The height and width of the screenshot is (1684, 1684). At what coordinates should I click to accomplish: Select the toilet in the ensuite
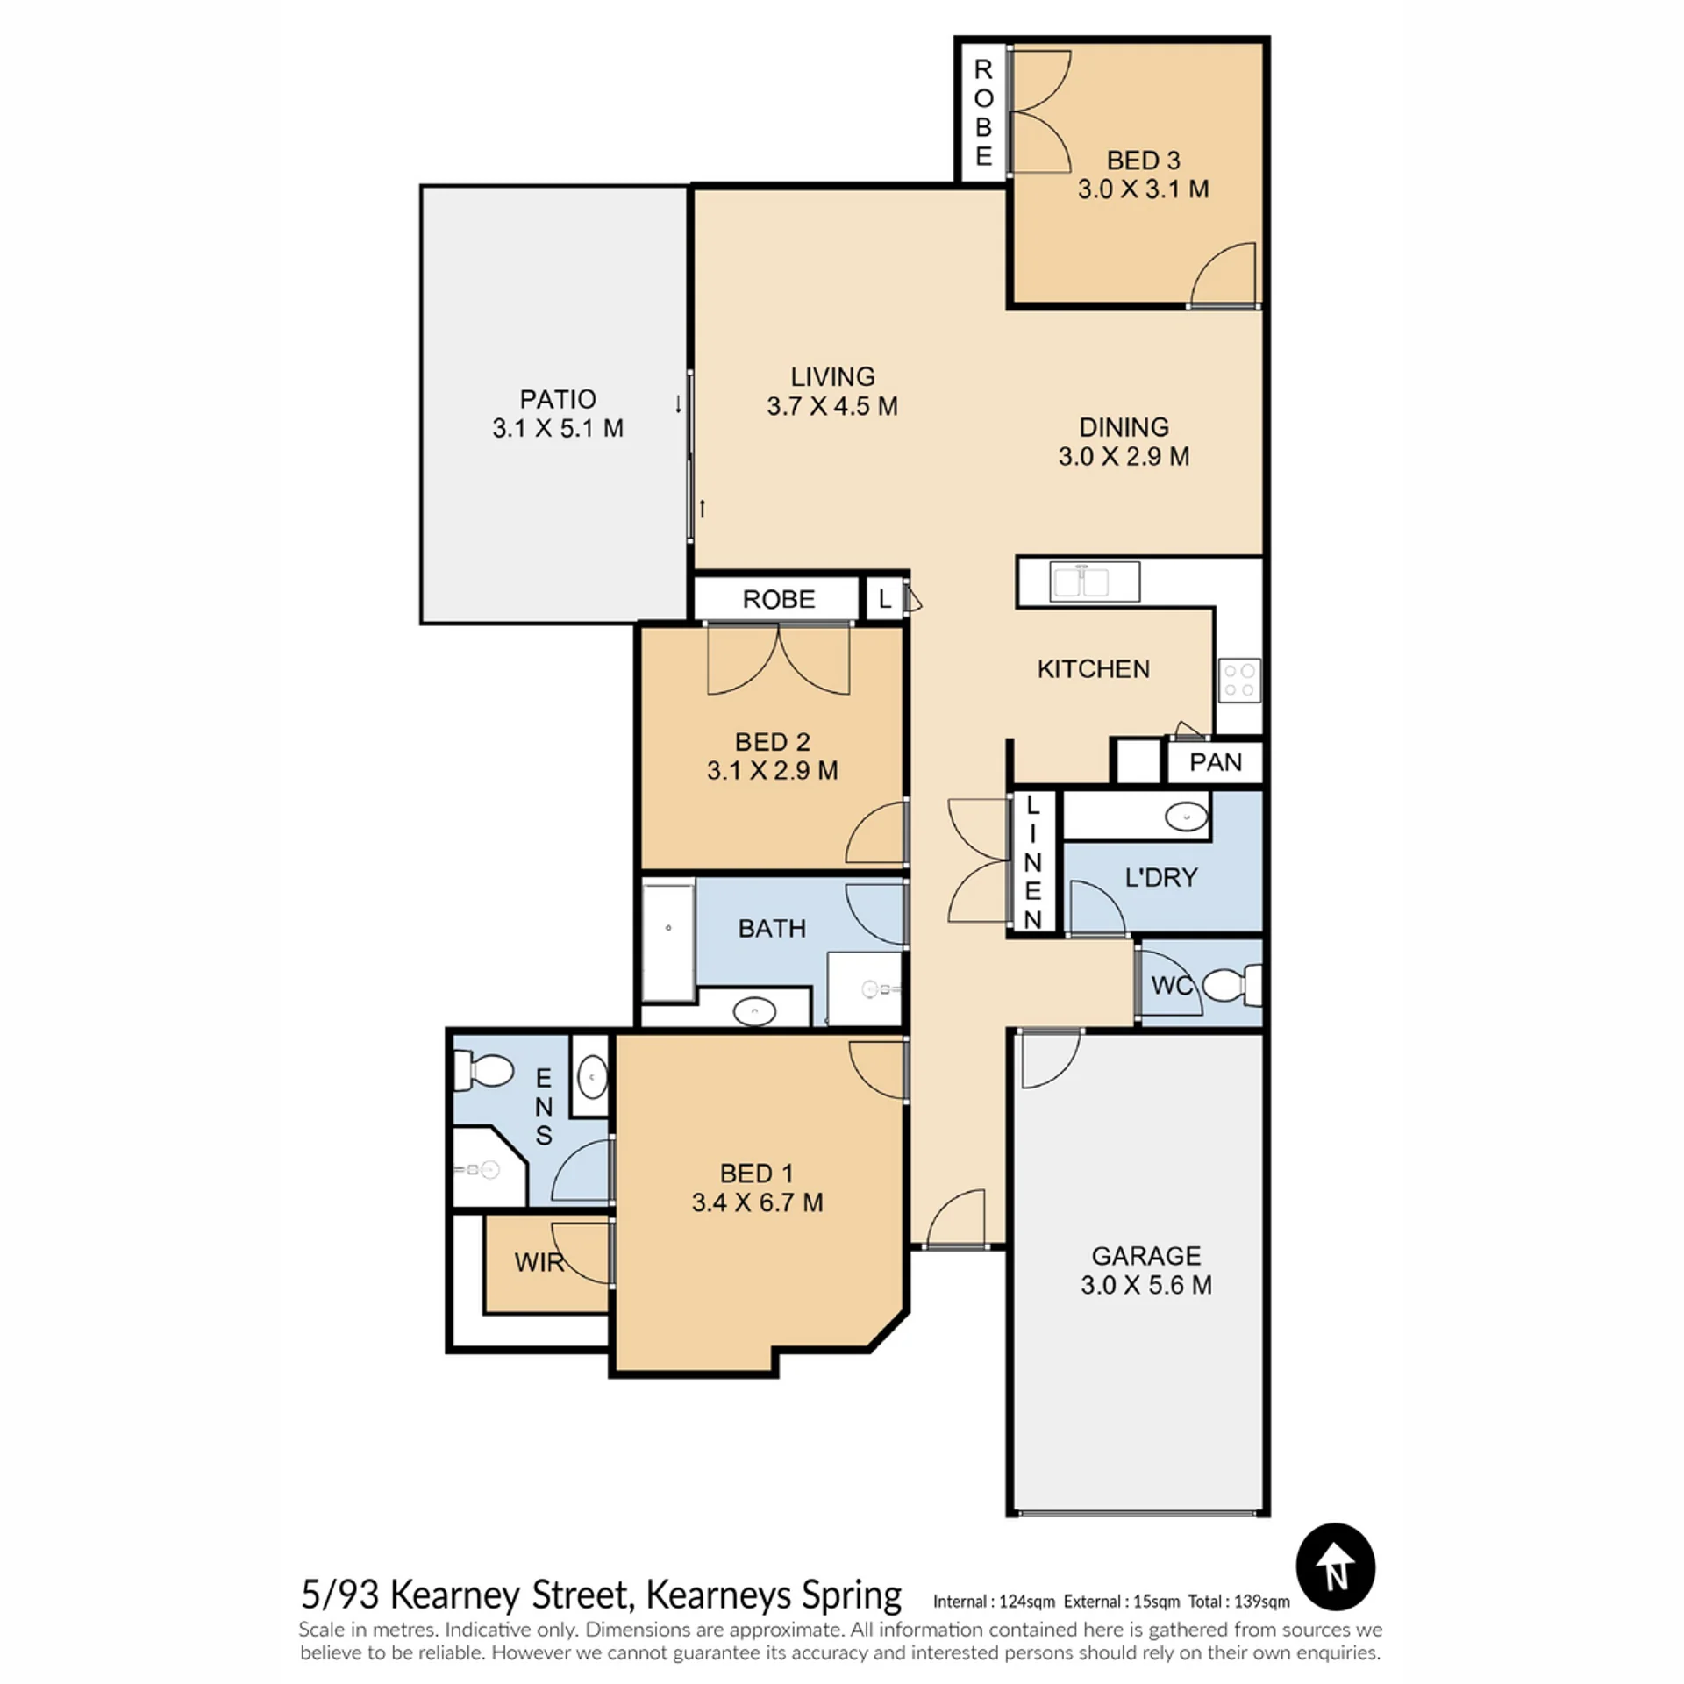coord(482,1071)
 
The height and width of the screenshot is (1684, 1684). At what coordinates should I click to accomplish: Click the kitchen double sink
coord(1094,582)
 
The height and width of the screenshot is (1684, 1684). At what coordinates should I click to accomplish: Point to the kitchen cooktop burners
coord(1239,681)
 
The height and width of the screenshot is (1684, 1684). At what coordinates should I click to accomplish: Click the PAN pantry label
coord(1215,762)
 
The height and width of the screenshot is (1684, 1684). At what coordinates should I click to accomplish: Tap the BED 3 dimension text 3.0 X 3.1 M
coord(1143,189)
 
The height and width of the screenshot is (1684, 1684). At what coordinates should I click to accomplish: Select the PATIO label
coord(558,399)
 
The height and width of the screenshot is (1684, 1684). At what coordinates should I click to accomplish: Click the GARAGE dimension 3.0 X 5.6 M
coord(1145,1285)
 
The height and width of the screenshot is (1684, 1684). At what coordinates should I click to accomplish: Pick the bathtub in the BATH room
coord(668,941)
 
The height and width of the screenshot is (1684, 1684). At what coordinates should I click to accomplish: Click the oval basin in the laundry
coord(1186,817)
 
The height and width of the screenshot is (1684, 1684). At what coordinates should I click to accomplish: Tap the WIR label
coord(539,1262)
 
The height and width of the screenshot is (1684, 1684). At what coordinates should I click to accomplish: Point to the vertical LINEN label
coord(1032,863)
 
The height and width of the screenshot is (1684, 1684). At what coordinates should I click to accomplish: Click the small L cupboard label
coord(885,599)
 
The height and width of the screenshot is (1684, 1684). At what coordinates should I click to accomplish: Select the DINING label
coord(1124,427)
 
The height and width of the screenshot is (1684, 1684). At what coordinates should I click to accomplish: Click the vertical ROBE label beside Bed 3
coord(983,112)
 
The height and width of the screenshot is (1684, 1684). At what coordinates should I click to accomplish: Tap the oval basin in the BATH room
coord(754,1011)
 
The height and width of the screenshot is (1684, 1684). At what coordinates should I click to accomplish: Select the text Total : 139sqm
coord(1238,1602)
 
